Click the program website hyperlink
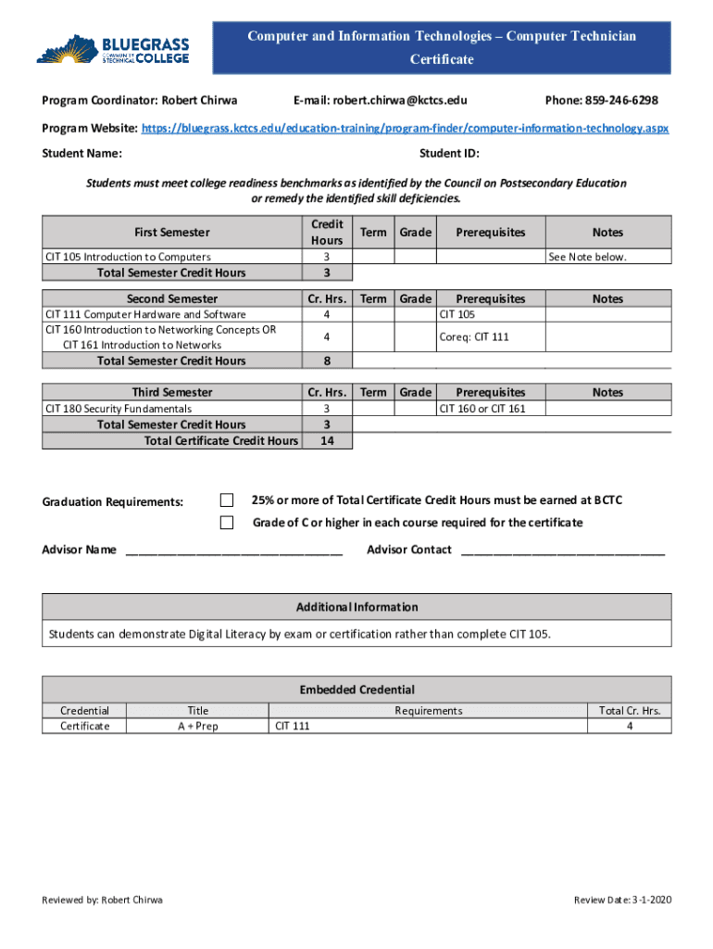pyautogui.click(x=404, y=128)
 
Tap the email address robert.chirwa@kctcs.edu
pyautogui.click(x=380, y=100)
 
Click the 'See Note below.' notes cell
pyautogui.click(x=587, y=257)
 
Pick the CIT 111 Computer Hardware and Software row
pyautogui.click(x=146, y=314)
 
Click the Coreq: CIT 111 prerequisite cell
pyautogui.click(x=474, y=337)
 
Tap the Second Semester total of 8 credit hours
pyautogui.click(x=326, y=361)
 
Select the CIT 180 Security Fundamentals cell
pyautogui.click(x=119, y=408)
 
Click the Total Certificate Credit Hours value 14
pyautogui.click(x=326, y=441)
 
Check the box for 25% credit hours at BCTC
pyautogui.click(x=227, y=500)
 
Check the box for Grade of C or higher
pyautogui.click(x=227, y=523)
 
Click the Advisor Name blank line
pyautogui.click(x=233, y=550)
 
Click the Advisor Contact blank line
pyautogui.click(x=562, y=550)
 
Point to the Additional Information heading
pyautogui.click(x=356, y=607)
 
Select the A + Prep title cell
pyautogui.click(x=198, y=726)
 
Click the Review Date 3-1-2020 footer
pyautogui.click(x=622, y=900)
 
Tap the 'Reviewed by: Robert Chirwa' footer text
pyautogui.click(x=103, y=900)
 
